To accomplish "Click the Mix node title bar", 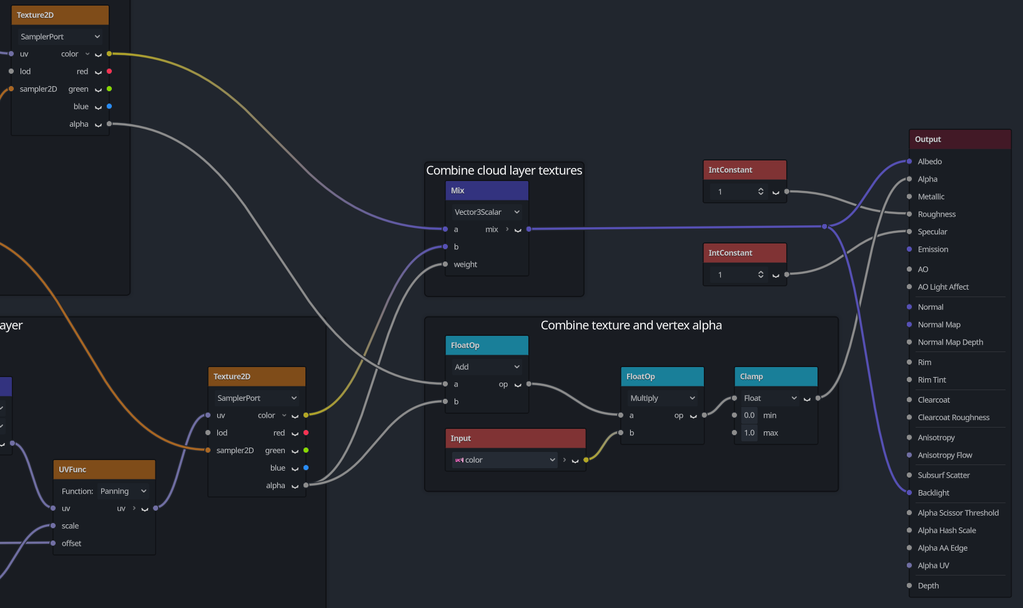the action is [487, 190].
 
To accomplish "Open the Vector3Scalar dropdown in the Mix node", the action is [487, 212].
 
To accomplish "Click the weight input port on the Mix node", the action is [445, 264].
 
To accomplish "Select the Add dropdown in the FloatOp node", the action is [487, 366].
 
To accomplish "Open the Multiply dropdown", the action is [662, 398].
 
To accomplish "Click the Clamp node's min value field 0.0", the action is [749, 415].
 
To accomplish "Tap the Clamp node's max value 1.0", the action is [749, 433].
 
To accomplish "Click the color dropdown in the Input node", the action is [505, 459].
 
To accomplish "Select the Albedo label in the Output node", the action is [930, 162].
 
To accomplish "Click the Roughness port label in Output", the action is [937, 214].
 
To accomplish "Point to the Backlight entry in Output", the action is [934, 493].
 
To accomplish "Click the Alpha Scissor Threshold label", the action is [958, 512].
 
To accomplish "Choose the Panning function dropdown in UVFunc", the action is [123, 491].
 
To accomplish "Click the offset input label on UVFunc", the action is [71, 543].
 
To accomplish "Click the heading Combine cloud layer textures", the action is [504, 170].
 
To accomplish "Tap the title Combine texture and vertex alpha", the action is [631, 325].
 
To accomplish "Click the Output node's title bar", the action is [960, 139].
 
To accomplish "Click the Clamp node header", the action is [776, 376].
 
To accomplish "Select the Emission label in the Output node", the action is [933, 249].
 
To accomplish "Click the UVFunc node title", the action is [104, 469].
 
